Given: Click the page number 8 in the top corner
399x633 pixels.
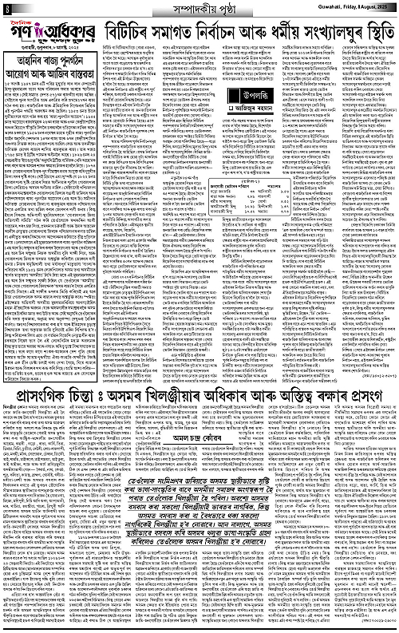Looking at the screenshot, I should (x=6, y=8).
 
